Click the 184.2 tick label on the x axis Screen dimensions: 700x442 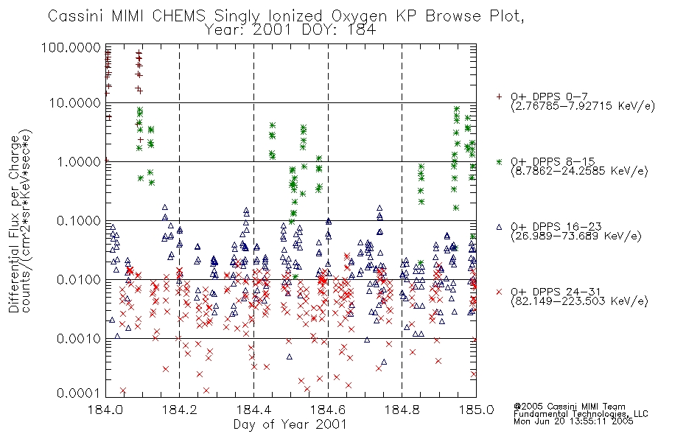[x=180, y=410]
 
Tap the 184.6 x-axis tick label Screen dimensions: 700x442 [x=328, y=410]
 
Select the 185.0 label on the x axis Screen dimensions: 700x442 [x=476, y=410]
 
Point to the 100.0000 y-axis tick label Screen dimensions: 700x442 [x=71, y=47]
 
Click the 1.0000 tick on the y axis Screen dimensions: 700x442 [x=79, y=161]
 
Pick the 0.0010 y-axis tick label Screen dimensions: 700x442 [x=79, y=338]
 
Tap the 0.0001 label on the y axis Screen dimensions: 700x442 [x=79, y=393]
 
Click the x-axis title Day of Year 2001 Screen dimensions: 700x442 [x=290, y=424]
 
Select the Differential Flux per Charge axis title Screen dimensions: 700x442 [x=14, y=224]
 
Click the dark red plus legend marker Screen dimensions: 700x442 [x=499, y=97]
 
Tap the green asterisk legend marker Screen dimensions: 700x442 [x=499, y=161]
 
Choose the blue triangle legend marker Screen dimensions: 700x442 [x=499, y=227]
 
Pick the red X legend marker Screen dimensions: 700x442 [x=499, y=292]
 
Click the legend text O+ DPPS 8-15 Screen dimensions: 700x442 [x=553, y=161]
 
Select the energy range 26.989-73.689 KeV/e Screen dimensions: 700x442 [x=576, y=236]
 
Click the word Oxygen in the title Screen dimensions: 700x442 [x=360, y=16]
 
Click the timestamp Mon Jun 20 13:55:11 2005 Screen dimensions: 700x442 [x=573, y=421]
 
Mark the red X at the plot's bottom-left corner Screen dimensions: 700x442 [x=123, y=390]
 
